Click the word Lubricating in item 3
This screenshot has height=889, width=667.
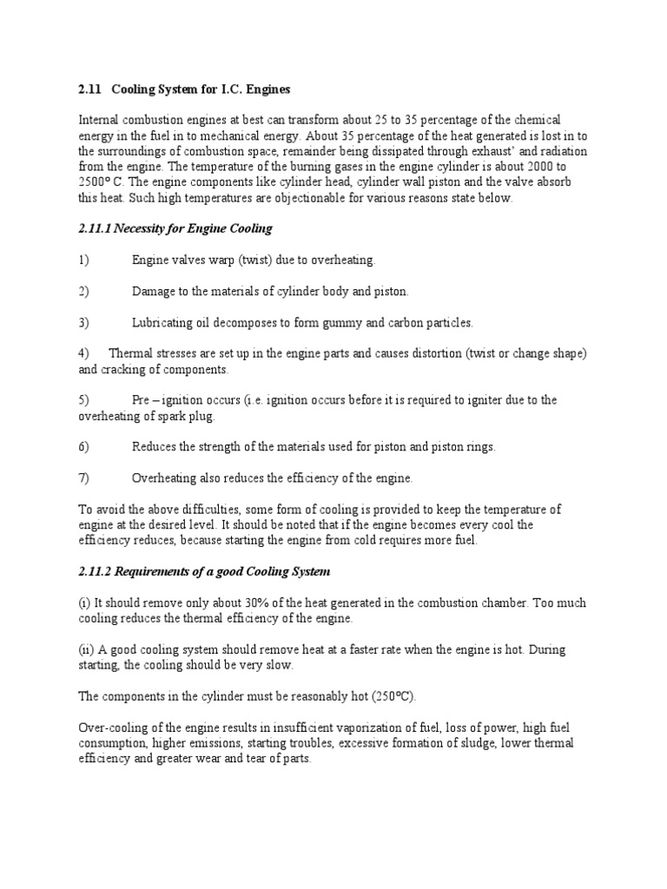click(162, 322)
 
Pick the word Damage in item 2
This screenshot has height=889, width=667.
click(151, 291)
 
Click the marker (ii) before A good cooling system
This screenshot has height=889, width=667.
click(85, 649)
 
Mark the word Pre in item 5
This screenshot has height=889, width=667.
click(142, 400)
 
